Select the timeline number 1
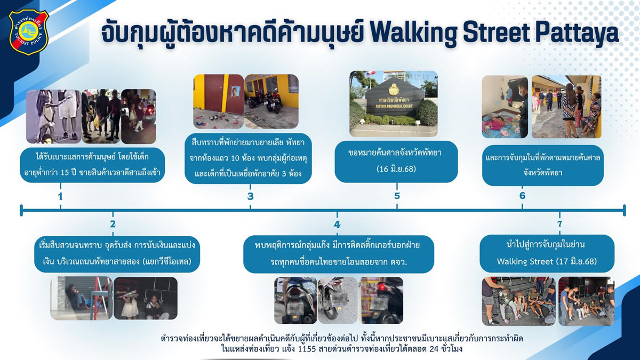(x=60, y=197)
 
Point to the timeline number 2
(x=113, y=224)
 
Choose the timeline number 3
(x=250, y=196)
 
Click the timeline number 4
(x=337, y=225)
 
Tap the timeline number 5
(x=397, y=196)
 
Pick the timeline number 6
(x=522, y=195)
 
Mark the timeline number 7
(x=559, y=223)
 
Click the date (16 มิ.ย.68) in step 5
(x=396, y=169)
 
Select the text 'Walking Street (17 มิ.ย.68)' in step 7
(x=547, y=261)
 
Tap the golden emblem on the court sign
(x=395, y=90)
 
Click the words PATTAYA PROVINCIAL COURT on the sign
(x=395, y=106)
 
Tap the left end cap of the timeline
(x=21, y=210)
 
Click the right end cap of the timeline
(x=625, y=210)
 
